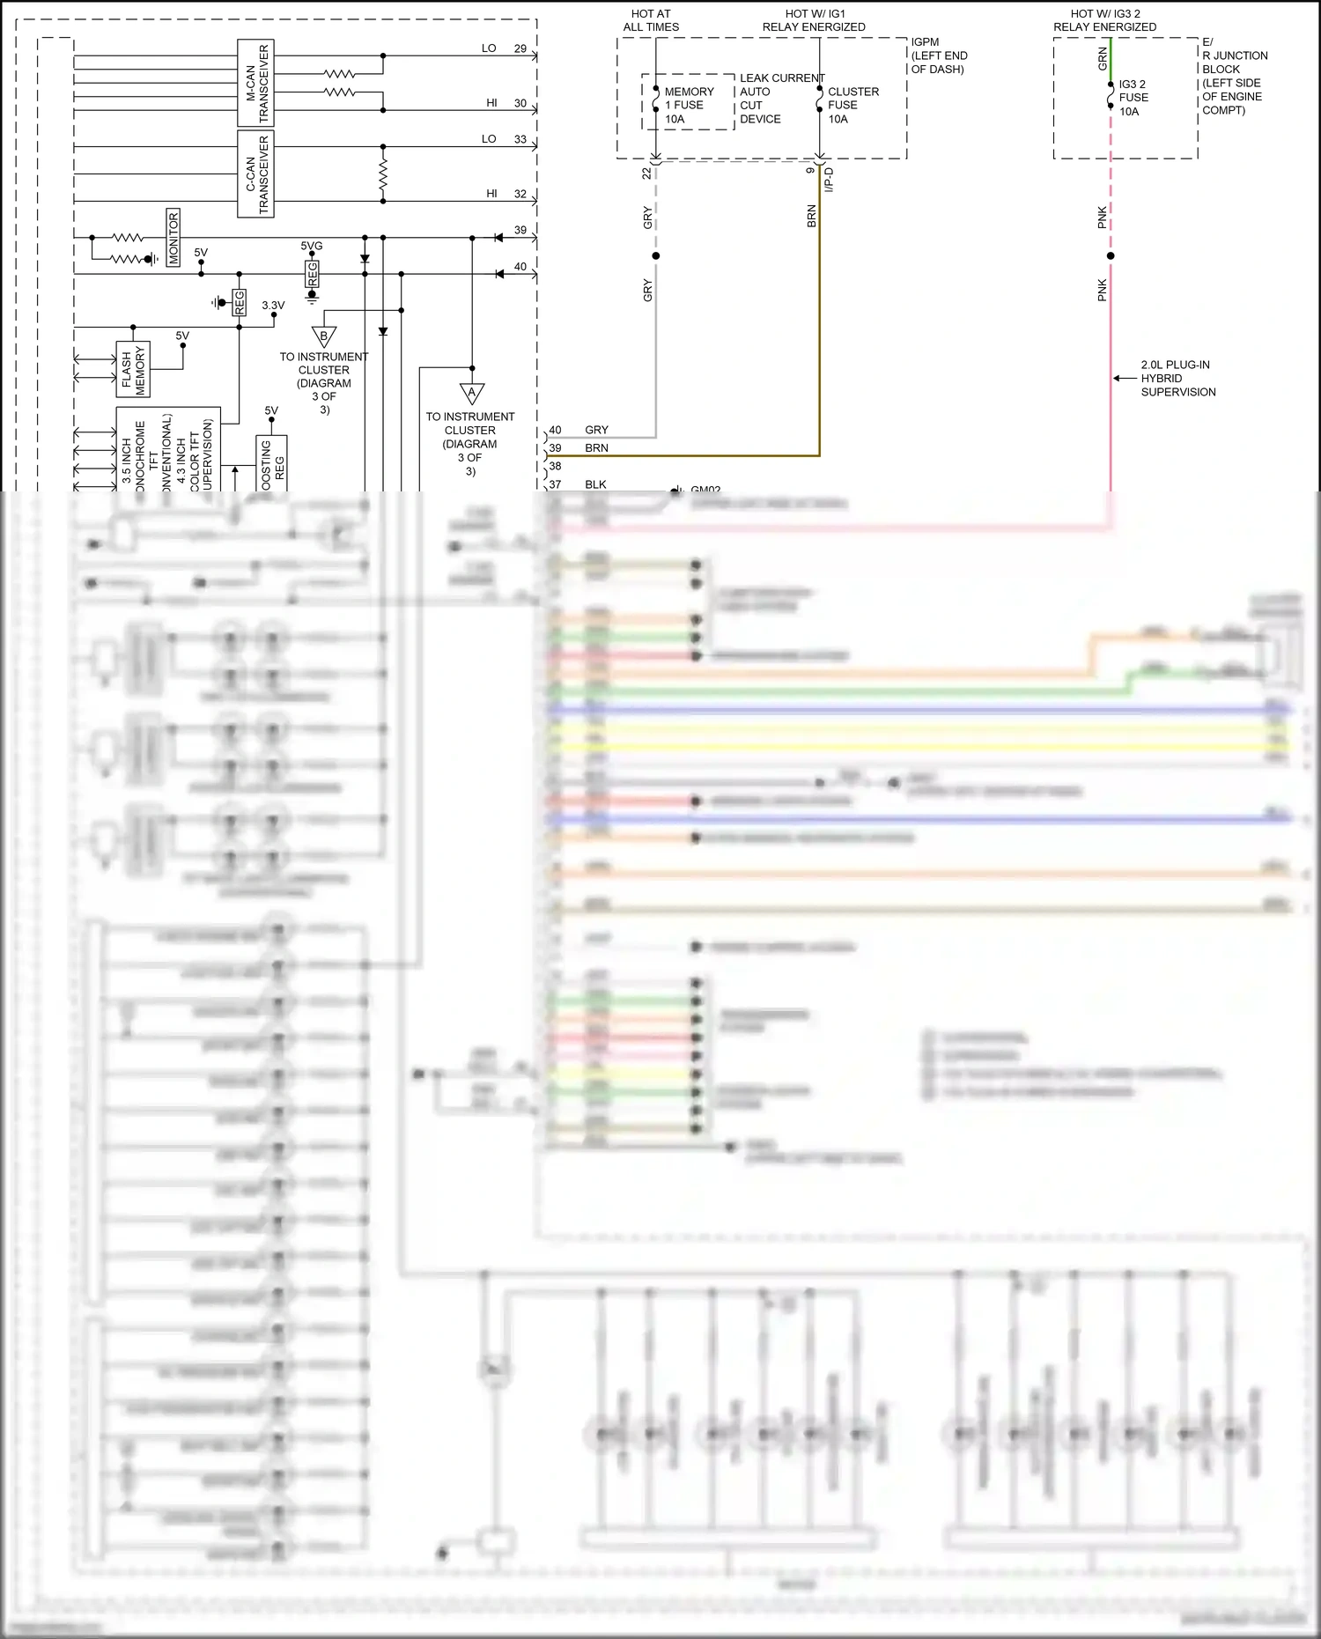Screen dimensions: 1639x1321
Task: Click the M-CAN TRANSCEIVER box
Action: (x=255, y=83)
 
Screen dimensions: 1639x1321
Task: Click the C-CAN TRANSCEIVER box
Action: (x=255, y=173)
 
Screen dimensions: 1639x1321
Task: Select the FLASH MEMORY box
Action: (x=133, y=369)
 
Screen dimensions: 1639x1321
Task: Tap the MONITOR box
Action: (x=173, y=238)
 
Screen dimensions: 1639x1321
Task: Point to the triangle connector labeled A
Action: (x=472, y=393)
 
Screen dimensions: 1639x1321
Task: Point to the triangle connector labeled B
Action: (x=324, y=336)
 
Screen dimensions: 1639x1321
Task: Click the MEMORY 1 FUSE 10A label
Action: (x=688, y=105)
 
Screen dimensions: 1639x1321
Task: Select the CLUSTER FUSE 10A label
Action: (x=852, y=105)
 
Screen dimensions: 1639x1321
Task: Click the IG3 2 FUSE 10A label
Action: (x=1133, y=98)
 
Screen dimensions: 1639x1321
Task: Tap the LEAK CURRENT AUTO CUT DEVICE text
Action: (x=780, y=98)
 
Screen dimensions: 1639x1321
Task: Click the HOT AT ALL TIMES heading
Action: (x=651, y=20)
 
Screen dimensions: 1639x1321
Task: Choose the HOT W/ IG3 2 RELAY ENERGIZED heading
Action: (x=1104, y=20)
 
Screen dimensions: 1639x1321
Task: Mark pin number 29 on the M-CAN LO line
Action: (x=520, y=48)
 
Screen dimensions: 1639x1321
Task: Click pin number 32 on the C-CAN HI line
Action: (x=520, y=194)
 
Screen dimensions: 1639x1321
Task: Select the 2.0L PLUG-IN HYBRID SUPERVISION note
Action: (x=1177, y=378)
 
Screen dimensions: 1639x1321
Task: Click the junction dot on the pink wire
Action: (x=1111, y=256)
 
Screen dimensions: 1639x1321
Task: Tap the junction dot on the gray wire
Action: (x=656, y=256)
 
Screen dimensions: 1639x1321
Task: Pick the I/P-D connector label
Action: (x=829, y=180)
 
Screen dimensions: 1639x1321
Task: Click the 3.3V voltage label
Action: (x=273, y=306)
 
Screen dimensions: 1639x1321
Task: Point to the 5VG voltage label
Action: (x=312, y=246)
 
